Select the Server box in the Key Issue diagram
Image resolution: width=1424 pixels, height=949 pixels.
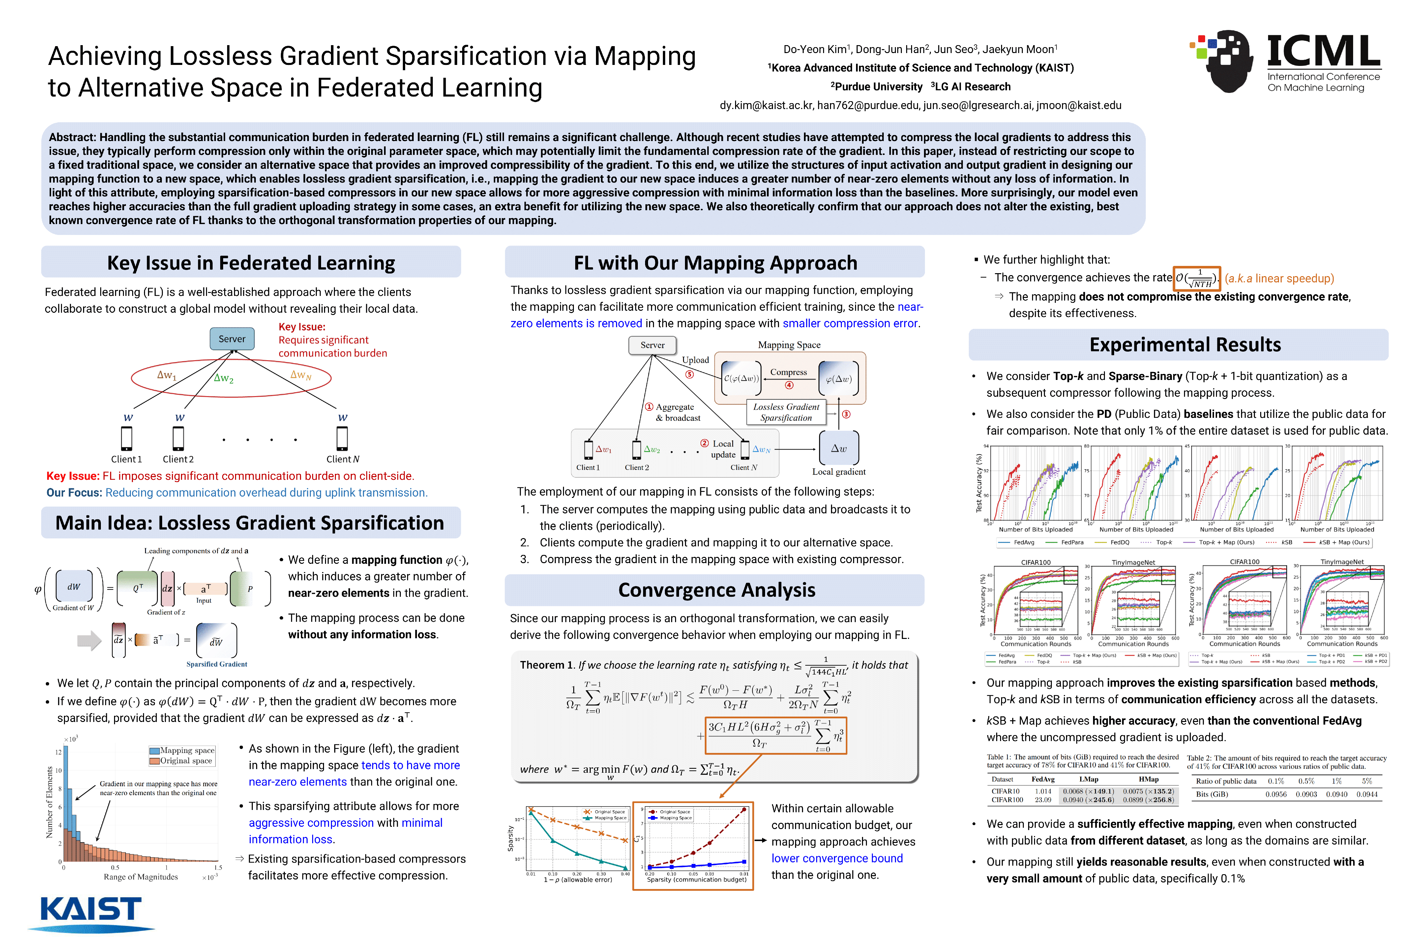point(232,339)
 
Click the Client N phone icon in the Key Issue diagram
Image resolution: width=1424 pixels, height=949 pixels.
point(342,438)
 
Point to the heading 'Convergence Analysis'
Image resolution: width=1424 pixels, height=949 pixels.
point(716,590)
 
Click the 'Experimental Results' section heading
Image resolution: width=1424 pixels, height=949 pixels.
point(1185,345)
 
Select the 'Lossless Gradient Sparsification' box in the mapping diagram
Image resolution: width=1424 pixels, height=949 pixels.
point(786,412)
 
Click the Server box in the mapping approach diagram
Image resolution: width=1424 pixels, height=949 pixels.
point(652,345)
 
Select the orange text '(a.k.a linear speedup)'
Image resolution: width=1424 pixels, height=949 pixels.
point(1279,278)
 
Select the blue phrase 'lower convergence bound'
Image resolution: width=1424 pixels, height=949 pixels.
point(837,859)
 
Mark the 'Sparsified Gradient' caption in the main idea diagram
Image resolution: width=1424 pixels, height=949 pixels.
point(217,665)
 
